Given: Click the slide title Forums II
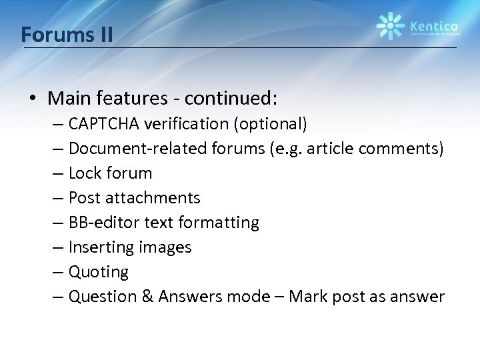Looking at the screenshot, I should click(x=67, y=33).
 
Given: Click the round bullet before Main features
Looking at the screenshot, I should click(x=33, y=99).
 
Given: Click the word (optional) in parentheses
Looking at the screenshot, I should click(x=270, y=124).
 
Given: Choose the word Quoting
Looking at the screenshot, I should click(x=99, y=272).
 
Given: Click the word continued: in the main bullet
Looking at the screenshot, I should click(x=230, y=99).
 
